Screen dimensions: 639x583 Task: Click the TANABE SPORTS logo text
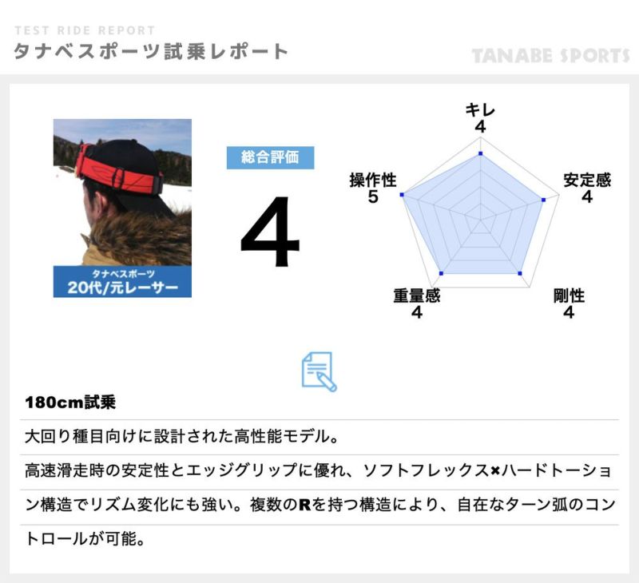550,55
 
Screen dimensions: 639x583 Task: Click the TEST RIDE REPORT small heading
85,30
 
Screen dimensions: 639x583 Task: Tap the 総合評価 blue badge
270,157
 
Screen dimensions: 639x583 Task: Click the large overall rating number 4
270,231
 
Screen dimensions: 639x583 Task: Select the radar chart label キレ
480,110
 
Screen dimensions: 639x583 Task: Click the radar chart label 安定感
587,180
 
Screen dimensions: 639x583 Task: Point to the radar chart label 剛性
569,295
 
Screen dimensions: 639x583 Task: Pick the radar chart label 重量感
416,295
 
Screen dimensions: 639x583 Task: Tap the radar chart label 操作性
373,180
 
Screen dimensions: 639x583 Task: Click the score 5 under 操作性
373,196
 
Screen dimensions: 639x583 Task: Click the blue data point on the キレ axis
481,153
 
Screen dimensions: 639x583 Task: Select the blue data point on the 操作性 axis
403,195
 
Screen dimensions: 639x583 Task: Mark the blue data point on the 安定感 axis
543,200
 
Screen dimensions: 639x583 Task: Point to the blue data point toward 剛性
520,273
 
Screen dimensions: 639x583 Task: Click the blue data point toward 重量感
442,273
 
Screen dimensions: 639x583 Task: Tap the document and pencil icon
319,371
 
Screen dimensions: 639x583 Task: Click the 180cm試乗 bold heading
70,403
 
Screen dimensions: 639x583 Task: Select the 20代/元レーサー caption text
123,288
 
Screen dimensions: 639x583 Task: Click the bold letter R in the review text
305,506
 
